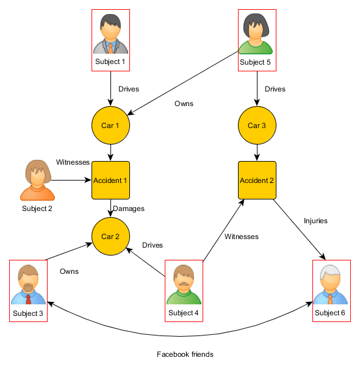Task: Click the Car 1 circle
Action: (110, 126)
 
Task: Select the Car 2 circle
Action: (110, 236)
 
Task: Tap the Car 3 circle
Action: (257, 126)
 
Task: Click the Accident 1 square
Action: (110, 181)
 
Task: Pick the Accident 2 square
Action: (257, 181)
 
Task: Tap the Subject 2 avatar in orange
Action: (37, 181)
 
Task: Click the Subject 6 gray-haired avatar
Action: (330, 285)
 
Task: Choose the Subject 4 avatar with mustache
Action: (184, 285)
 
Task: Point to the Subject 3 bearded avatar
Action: (28, 285)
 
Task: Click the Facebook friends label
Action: (185, 354)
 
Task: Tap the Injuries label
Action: (315, 221)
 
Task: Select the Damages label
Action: (129, 209)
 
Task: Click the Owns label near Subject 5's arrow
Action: (184, 104)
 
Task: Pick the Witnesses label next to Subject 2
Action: (73, 162)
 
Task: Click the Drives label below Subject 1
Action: (128, 89)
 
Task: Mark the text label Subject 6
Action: (330, 313)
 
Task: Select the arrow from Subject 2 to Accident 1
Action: (70, 181)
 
